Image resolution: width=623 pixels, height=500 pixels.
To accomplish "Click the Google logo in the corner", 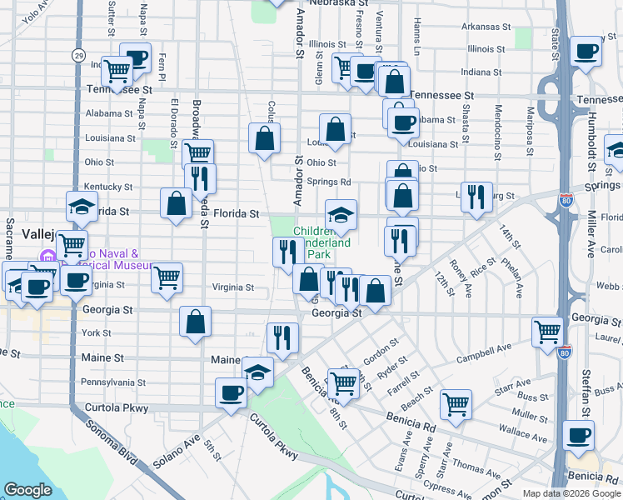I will tap(27, 490).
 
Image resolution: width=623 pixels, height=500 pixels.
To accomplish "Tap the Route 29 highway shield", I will tap(77, 56).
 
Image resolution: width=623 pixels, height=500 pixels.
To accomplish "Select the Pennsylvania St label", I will tap(112, 382).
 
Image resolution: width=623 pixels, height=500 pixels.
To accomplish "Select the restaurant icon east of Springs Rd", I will tap(476, 197).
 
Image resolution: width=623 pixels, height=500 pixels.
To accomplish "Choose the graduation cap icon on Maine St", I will tap(258, 371).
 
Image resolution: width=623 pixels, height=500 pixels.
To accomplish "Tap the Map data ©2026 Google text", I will tap(571, 493).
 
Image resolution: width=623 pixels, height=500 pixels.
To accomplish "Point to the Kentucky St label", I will tap(109, 187).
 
